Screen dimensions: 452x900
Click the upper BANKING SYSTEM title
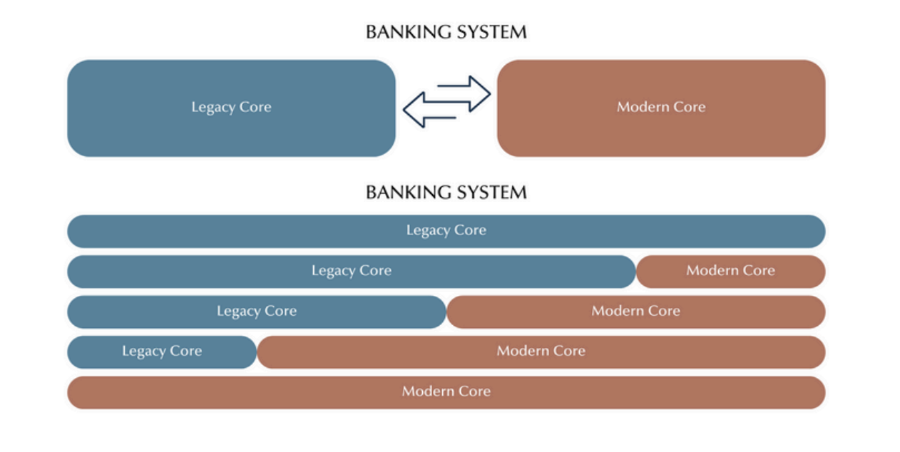tap(446, 32)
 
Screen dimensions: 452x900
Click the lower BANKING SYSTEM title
tap(446, 192)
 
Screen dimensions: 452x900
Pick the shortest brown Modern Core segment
tap(730, 271)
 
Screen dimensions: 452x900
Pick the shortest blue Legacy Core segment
tap(161, 351)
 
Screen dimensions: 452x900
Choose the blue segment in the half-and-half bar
tap(256, 312)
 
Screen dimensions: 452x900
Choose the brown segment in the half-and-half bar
tap(635, 312)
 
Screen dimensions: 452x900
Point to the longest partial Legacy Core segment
tap(351, 271)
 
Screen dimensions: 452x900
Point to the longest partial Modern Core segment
tap(541, 351)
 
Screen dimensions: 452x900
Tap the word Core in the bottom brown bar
tap(474, 391)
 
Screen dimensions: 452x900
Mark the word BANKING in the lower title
tap(403, 192)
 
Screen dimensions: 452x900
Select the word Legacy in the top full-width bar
tap(428, 231)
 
